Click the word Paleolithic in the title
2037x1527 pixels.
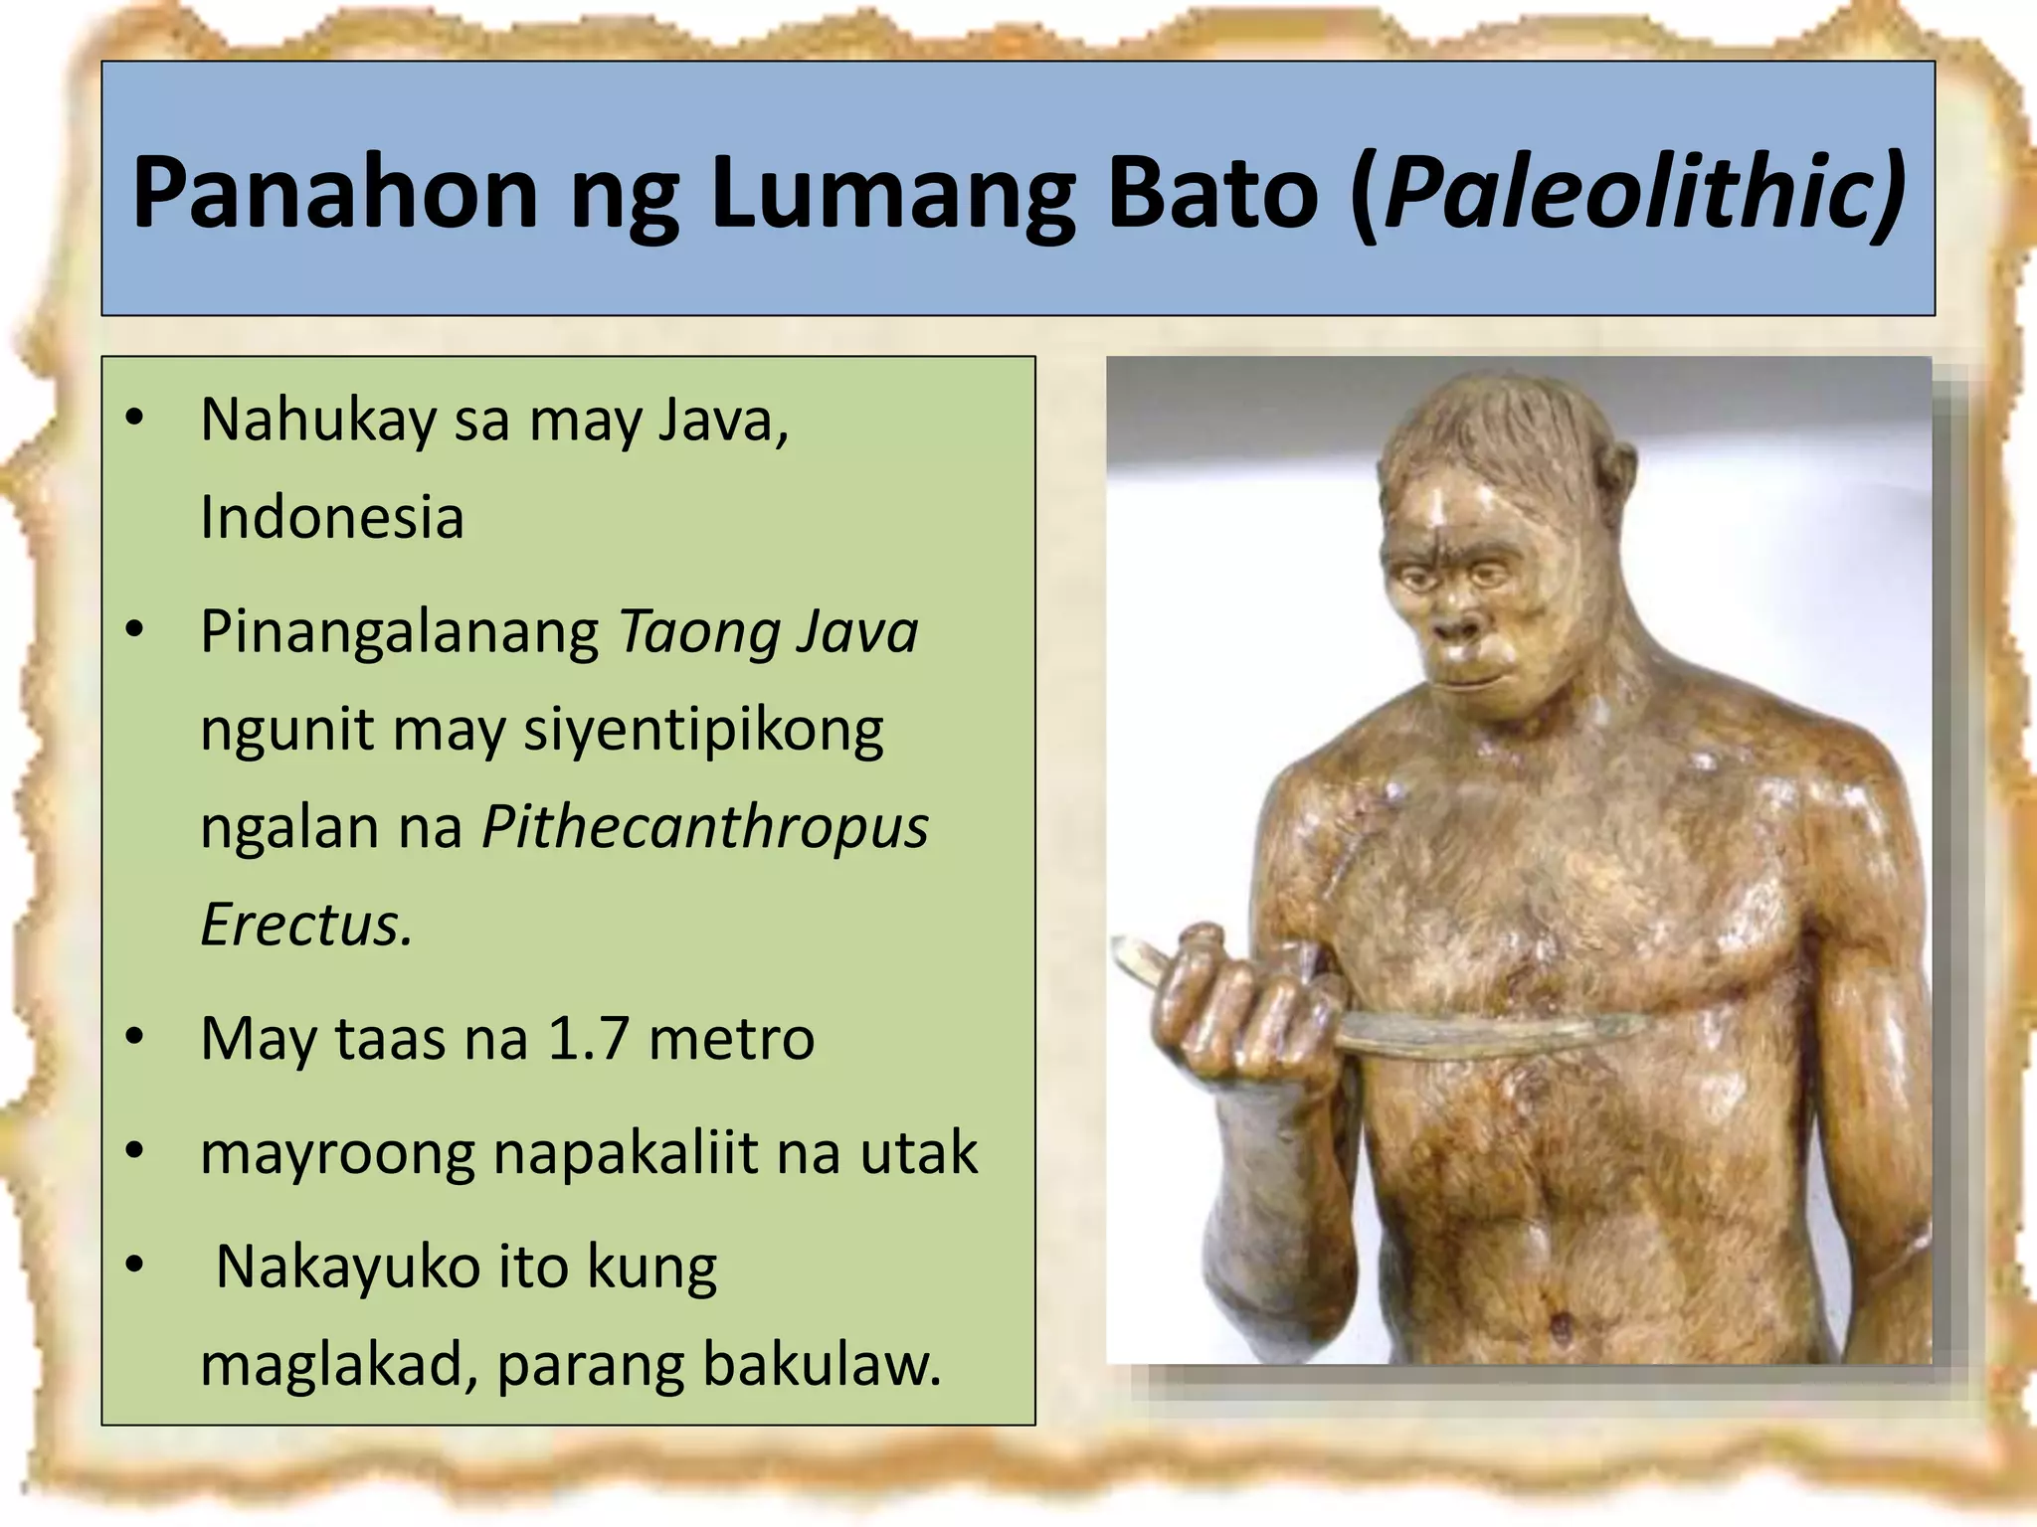1631,192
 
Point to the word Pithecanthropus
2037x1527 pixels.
705,827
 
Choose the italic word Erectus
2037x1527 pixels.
305,925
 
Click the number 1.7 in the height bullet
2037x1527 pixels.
588,1039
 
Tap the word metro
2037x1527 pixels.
731,1039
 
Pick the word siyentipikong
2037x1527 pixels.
703,731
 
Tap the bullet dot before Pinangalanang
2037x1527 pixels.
135,630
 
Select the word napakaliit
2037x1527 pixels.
624,1153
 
